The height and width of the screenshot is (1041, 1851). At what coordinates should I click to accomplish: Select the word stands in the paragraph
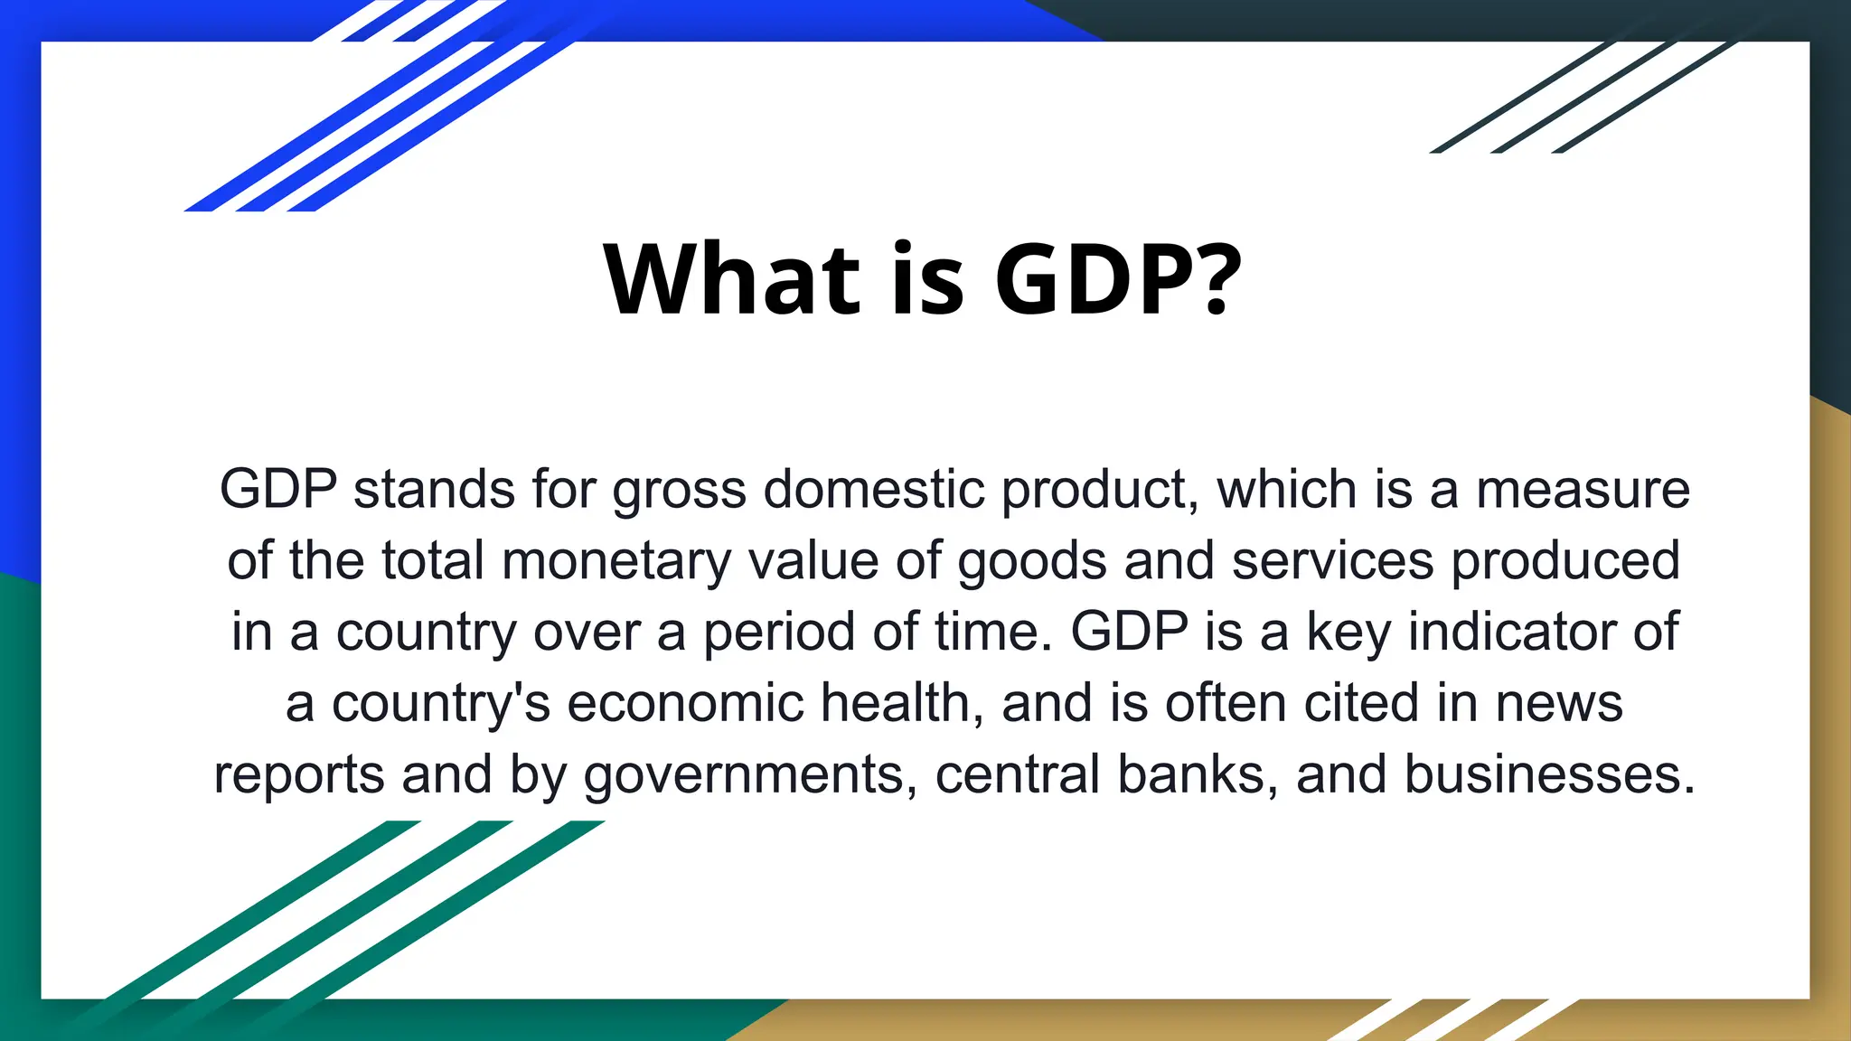434,489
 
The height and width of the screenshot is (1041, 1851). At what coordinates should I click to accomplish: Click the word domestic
874,489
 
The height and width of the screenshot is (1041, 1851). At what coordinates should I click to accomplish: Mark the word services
1332,560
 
